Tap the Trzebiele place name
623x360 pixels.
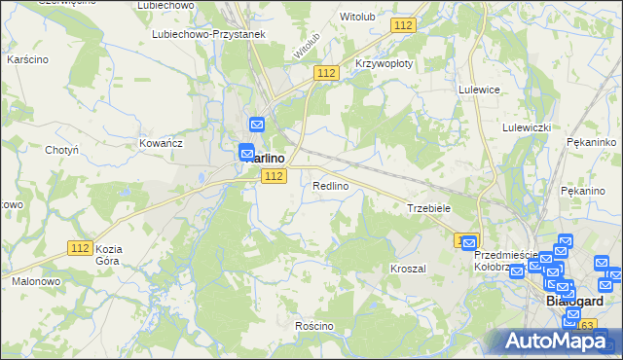(427, 208)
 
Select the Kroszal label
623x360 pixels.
(408, 268)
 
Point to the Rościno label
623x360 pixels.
(314, 326)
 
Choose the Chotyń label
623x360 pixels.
(61, 150)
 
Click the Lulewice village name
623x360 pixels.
(479, 89)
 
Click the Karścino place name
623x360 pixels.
(28, 59)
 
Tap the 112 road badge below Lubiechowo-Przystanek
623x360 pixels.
(326, 73)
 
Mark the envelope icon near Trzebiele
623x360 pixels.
(469, 243)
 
